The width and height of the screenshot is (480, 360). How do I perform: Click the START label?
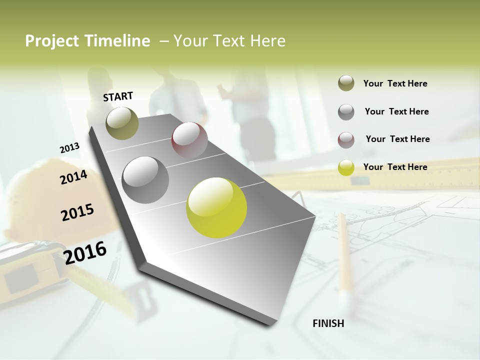118,96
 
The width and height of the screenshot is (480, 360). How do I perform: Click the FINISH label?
328,323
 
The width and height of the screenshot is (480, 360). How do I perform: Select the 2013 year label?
69,148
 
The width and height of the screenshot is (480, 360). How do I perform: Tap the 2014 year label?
73,177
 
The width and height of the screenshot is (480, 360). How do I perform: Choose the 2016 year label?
85,252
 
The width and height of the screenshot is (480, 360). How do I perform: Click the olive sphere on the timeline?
122,123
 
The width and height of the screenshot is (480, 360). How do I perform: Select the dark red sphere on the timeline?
189,140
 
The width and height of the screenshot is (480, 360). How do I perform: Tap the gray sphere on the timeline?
145,179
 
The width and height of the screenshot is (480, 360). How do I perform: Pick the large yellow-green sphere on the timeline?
216,207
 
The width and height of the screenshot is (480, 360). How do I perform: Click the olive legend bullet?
346,83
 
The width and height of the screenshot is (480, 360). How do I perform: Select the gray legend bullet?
346,111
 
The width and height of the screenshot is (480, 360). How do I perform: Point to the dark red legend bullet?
346,139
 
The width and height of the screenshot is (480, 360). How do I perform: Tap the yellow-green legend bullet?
346,167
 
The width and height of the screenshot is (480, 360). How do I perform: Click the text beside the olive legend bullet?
395,83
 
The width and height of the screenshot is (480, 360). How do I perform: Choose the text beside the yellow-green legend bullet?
395,167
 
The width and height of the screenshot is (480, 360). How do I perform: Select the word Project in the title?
52,41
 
